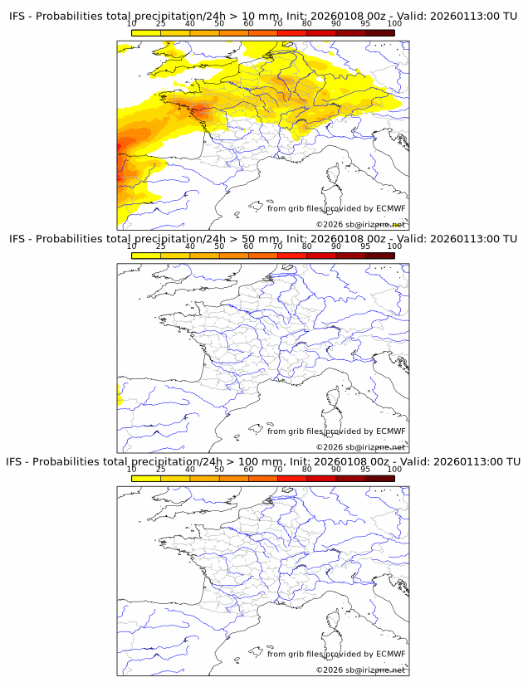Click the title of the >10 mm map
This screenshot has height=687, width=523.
coord(262,16)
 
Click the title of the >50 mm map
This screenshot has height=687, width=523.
coord(262,239)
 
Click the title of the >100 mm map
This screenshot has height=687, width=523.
coord(262,461)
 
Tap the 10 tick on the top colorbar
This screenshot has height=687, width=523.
coord(132,23)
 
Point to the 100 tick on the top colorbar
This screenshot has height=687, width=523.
coord(394,23)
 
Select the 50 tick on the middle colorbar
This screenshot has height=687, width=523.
coord(219,246)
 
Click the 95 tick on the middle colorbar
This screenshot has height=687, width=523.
coord(365,246)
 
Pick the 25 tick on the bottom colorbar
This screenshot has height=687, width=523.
coord(161,470)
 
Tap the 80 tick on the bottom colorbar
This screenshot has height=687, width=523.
coord(307,470)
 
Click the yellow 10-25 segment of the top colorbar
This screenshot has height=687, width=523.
coord(146,32)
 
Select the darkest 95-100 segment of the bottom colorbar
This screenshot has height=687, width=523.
coord(379,478)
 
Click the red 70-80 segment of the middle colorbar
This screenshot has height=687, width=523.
coord(292,256)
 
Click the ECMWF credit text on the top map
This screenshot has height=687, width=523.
coord(336,208)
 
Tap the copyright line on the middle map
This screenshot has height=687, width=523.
coord(360,447)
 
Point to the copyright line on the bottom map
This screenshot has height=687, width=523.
coord(360,670)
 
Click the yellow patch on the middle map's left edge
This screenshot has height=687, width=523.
coord(120,400)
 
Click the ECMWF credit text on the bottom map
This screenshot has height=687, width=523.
coord(336,654)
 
